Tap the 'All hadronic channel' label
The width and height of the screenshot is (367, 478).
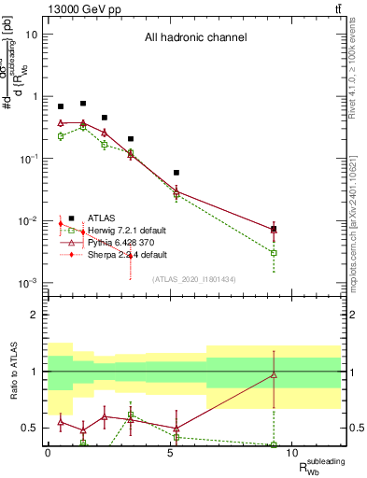[x=195, y=38]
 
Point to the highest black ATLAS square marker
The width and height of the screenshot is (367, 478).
[x=83, y=104]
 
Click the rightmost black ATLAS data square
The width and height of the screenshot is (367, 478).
[x=274, y=229]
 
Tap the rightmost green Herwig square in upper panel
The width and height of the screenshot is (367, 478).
[x=274, y=253]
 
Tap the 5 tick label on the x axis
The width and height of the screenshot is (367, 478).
[x=170, y=452]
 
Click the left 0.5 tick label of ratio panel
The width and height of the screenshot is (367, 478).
[x=32, y=428]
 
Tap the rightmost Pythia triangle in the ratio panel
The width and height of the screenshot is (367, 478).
[x=274, y=374]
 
